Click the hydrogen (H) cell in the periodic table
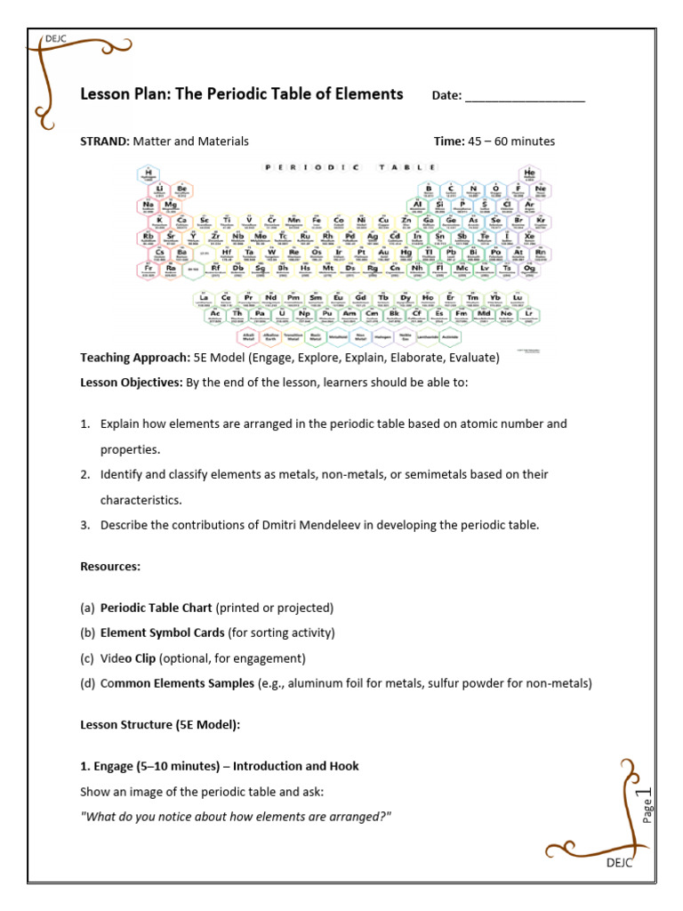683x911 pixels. pos(149,174)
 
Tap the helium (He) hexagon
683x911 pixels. pos(530,174)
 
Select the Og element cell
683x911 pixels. pos(530,269)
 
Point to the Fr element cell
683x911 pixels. pos(149,269)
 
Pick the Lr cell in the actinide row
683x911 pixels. pos(529,315)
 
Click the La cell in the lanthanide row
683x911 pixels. pos(204,299)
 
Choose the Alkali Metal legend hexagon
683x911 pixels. pos(249,337)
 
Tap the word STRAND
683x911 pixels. pos(105,141)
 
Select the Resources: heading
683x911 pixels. pos(110,567)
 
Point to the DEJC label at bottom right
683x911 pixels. pos(619,863)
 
